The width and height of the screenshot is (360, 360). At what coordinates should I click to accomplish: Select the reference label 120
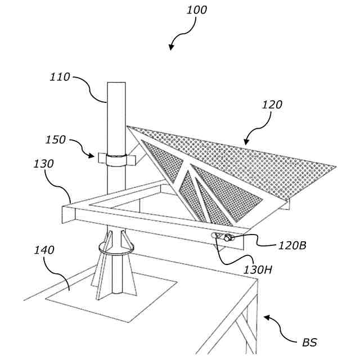[272, 105]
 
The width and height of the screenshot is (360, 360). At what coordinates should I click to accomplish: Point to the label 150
[56, 140]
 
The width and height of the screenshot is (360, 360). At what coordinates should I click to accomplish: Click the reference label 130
[43, 164]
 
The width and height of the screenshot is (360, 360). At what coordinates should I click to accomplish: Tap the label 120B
[292, 245]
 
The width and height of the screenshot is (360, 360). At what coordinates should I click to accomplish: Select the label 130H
[258, 269]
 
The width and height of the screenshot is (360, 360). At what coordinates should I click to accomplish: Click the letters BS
[309, 342]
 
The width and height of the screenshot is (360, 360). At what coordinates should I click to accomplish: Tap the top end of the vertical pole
[116, 84]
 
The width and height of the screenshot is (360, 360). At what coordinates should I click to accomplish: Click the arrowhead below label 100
[172, 48]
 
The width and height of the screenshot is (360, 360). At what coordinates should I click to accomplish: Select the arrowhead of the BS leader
[266, 318]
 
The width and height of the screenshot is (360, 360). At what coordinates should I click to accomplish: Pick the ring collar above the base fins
[116, 248]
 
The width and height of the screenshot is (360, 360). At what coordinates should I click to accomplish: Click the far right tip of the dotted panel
[335, 167]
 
